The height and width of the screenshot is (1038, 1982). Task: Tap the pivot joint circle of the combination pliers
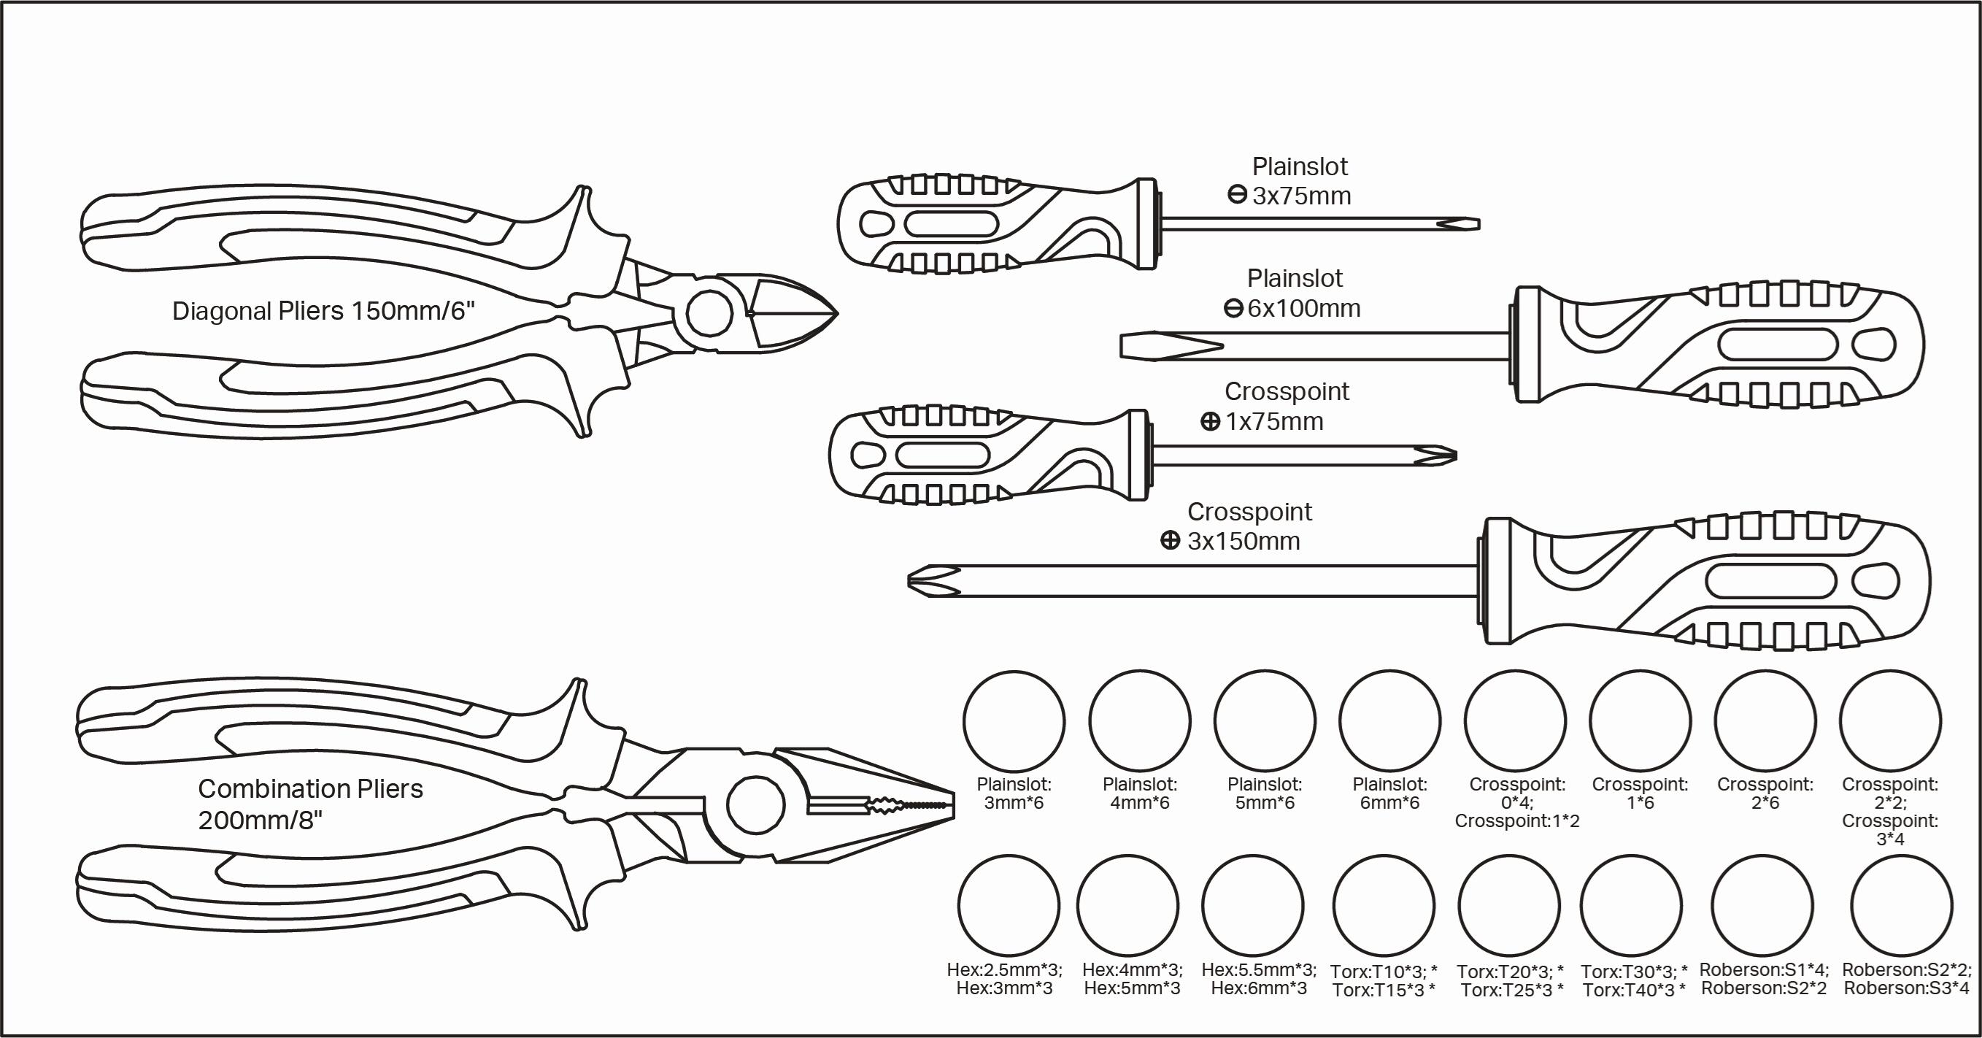755,805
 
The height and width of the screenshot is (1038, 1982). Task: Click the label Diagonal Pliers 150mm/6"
323,311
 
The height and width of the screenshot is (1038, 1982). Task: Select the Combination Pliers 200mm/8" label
310,804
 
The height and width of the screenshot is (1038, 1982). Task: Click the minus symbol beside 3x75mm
1236,196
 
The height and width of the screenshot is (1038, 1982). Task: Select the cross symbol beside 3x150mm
1170,540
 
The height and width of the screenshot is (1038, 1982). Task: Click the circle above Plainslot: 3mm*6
1014,721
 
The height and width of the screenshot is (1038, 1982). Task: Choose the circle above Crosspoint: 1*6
1640,721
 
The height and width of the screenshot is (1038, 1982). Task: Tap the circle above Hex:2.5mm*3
1008,906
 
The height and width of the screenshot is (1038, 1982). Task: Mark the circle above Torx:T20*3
1508,906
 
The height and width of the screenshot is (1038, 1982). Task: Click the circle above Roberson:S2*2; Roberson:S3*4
1901,906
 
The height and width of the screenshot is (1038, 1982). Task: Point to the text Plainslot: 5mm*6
1264,793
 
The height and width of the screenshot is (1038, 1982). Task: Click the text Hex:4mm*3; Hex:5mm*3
1132,979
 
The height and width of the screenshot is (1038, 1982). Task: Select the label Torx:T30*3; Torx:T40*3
1633,980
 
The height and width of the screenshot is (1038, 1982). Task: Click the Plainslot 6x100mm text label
1294,293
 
